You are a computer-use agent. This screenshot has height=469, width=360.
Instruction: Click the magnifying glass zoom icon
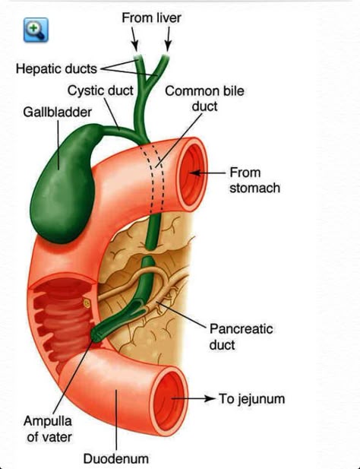coord(36,30)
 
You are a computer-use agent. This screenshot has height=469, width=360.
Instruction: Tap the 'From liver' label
coord(151,18)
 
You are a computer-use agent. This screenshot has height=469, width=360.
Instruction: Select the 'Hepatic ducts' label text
coord(56,69)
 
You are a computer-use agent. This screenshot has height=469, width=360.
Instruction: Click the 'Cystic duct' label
coord(100,90)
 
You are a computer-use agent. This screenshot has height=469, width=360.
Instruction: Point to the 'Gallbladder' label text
coord(58,112)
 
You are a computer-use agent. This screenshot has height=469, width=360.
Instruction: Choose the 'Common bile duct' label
coord(204,99)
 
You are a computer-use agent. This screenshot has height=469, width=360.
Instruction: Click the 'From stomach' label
coord(255,180)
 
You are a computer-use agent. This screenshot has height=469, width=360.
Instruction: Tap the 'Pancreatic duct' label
coord(241,337)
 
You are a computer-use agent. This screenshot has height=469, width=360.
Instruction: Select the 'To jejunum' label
coord(251,399)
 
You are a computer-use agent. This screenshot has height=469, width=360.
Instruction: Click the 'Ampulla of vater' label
coord(48,429)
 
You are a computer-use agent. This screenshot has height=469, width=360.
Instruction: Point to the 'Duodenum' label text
coord(116,458)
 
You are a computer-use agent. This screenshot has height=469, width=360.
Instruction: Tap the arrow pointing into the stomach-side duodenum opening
coord(207,173)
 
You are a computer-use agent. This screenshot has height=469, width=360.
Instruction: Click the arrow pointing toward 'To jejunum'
coord(194,398)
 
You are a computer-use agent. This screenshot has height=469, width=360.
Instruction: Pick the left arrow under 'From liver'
coord(134,39)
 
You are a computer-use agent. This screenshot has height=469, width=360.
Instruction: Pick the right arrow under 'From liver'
coord(168,39)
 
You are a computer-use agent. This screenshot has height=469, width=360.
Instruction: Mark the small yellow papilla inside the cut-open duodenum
coord(87,303)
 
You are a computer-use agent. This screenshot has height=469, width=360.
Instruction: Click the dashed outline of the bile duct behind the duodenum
coord(154,178)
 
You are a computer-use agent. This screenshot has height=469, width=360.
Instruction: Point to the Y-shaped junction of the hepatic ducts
coord(146,84)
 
